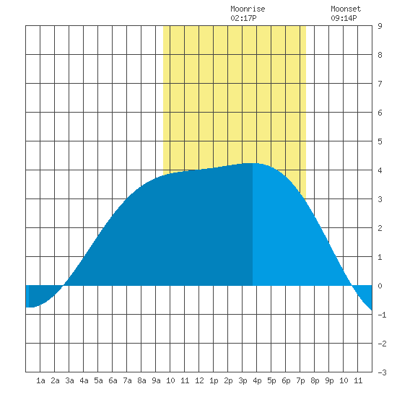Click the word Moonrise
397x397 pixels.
click(248, 9)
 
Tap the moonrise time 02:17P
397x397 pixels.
click(243, 18)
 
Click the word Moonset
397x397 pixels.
click(346, 9)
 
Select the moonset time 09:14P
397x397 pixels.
click(344, 18)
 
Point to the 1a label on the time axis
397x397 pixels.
click(40, 380)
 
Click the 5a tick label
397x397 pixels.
click(98, 380)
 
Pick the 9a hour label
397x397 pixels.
click(156, 380)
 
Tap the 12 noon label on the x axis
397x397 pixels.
click(199, 380)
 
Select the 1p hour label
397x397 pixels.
click(214, 380)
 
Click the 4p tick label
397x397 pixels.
click(257, 380)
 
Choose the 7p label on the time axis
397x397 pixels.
click(300, 380)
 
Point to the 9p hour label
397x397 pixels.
click(329, 380)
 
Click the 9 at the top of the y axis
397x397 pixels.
click(380, 26)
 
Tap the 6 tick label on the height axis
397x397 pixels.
click(380, 113)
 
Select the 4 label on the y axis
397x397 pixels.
click(380, 170)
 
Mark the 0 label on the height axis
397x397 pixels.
click(380, 286)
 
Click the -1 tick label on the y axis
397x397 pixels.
click(382, 315)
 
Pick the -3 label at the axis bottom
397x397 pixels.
click(382, 372)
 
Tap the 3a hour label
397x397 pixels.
click(69, 380)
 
